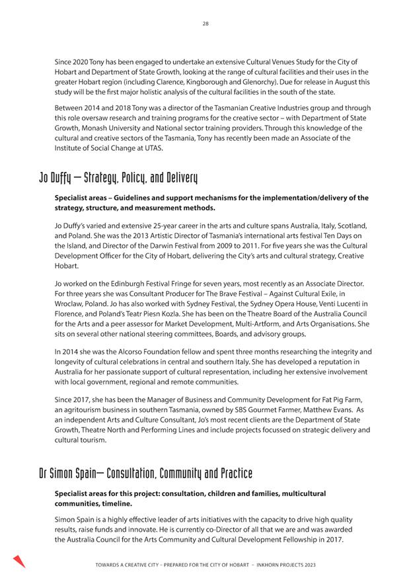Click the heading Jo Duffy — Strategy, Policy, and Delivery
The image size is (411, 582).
(118, 179)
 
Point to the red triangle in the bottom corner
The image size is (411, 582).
(19, 561)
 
